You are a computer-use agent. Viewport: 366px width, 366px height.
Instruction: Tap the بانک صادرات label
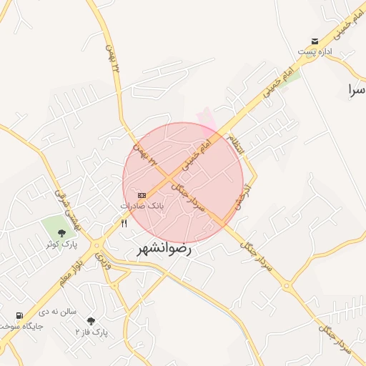tap(142, 205)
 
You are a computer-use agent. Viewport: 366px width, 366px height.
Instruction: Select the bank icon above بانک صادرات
tap(142, 195)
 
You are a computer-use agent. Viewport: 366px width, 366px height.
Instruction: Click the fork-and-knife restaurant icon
tap(124, 223)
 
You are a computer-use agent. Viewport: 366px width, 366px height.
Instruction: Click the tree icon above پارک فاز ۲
tap(90, 321)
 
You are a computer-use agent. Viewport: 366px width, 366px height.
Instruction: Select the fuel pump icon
tap(19, 315)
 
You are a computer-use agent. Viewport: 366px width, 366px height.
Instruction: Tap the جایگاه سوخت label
tap(21, 326)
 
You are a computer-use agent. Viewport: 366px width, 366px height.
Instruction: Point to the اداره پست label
tap(315, 51)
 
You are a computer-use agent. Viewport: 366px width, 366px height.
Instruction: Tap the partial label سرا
tap(355, 90)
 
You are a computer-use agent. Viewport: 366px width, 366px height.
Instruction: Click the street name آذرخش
tap(247, 195)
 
